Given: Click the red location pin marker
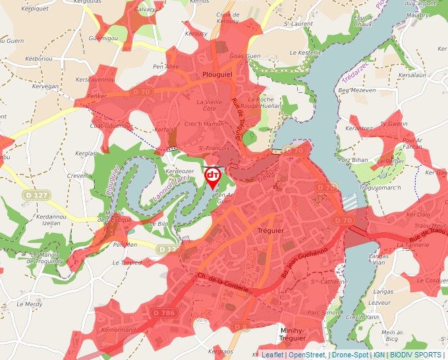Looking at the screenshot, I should [213, 176].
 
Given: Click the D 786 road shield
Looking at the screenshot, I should [163, 313].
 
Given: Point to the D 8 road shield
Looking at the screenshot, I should [240, 326].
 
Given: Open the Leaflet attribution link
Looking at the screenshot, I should [271, 355].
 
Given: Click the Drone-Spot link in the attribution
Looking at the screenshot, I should [350, 355].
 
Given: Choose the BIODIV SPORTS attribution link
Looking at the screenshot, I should [417, 355].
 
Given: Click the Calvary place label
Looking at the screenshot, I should [145, 10].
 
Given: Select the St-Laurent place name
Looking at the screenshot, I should [298, 24].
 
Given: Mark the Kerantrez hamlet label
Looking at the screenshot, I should [359, 128].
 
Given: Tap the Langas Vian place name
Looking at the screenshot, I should [379, 259].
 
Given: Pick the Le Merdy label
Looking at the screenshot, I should [30, 304].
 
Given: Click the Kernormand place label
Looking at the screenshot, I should [119, 329].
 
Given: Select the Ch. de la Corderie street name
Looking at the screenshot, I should [224, 283].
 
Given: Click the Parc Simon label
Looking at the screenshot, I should [323, 313].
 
